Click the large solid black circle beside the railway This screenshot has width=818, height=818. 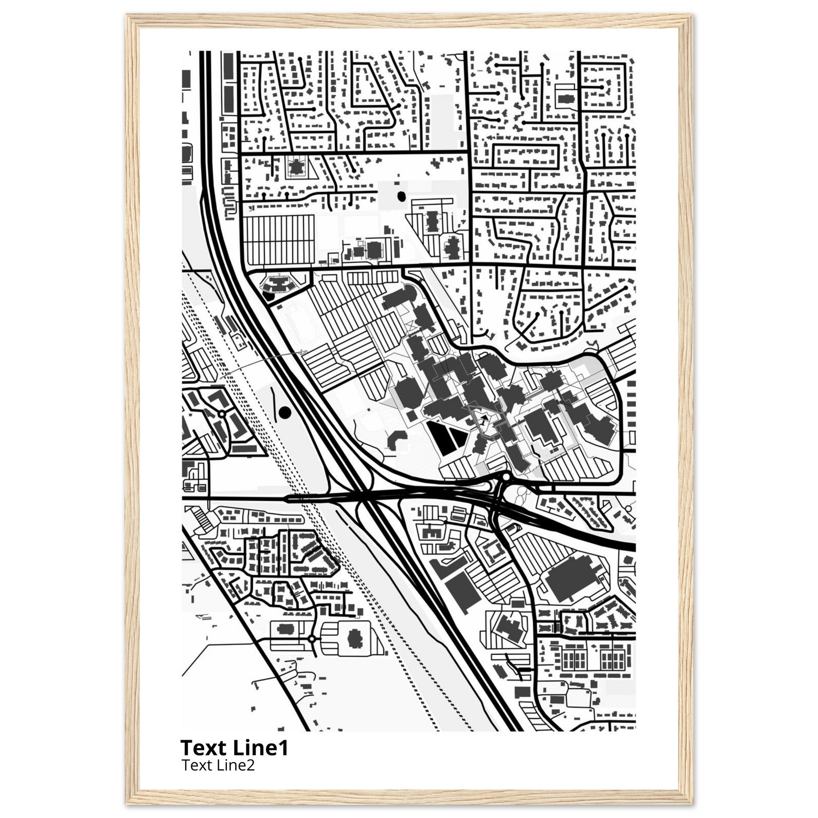(x=285, y=411)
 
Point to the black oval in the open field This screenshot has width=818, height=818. (x=401, y=196)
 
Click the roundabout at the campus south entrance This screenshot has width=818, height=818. (x=506, y=478)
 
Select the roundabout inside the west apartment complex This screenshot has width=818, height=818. (x=221, y=413)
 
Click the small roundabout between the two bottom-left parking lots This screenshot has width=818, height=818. (x=312, y=650)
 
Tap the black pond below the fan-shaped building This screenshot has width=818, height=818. (x=268, y=295)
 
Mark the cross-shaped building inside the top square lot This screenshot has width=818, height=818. (x=296, y=166)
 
